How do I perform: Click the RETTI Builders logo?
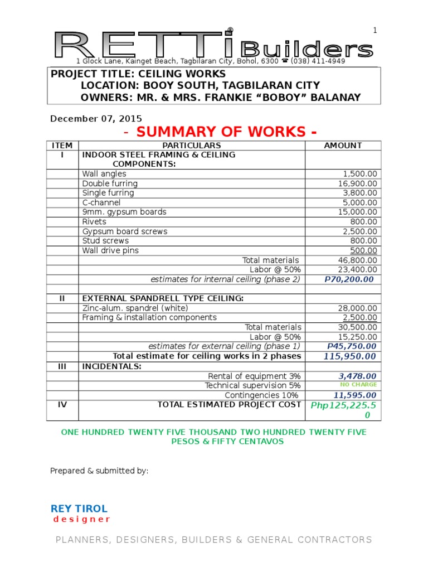pos(214,45)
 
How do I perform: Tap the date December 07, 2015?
pos(96,118)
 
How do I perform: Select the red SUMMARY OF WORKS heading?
pos(220,132)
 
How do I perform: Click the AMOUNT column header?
pos(343,145)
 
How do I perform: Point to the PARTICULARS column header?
pos(192,145)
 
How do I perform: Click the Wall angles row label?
pos(104,174)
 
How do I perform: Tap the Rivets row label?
pos(94,221)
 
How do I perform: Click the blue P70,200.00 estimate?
pos(349,279)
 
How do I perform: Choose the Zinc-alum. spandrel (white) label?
pos(135,308)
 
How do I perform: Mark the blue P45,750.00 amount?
pos(351,346)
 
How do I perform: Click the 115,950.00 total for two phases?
pos(350,356)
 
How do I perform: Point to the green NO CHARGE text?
pos(358,385)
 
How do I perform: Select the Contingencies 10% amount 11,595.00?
pos(355,395)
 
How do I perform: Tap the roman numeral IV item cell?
pos(62,405)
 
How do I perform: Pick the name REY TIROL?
pos(79,509)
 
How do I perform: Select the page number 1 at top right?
pos(375,31)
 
